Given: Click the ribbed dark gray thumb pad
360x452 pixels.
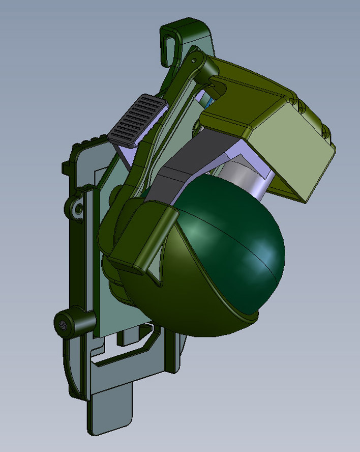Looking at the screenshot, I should [x=139, y=120].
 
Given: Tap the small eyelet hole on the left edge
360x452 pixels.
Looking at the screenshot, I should [x=77, y=209].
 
